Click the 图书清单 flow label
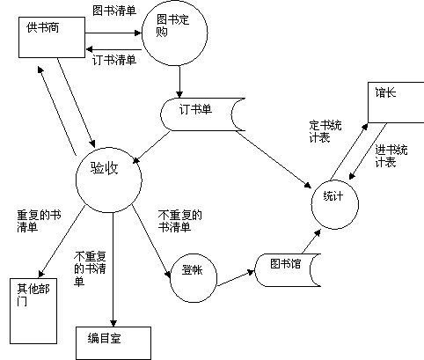pyautogui.click(x=114, y=11)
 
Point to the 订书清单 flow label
pyautogui.click(x=114, y=60)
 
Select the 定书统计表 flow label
pyautogui.click(x=325, y=131)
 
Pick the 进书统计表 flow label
pyautogui.click(x=391, y=156)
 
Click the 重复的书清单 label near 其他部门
pyautogui.click(x=39, y=221)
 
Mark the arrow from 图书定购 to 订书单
pyautogui.click(x=179, y=82)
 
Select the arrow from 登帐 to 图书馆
pyautogui.click(x=236, y=277)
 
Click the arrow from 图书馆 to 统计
pyautogui.click(x=311, y=241)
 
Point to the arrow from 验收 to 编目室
pyautogui.click(x=113, y=269)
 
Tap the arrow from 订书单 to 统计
pyautogui.click(x=274, y=159)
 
